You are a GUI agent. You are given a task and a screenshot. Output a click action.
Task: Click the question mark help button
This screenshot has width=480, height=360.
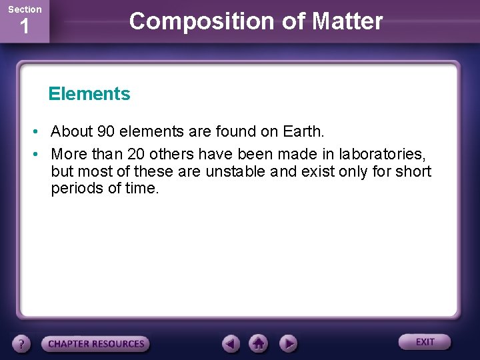pos(22,344)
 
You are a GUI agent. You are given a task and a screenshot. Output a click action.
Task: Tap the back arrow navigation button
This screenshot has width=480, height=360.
pos(231,343)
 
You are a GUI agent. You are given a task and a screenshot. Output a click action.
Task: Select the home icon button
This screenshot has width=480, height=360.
pos(259,343)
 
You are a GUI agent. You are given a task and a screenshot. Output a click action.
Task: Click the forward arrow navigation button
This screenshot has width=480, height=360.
pos(287,343)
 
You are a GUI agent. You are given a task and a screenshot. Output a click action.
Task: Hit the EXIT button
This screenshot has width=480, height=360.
pos(425,342)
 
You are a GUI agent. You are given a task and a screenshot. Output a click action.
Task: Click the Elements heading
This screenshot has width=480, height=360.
pos(89,94)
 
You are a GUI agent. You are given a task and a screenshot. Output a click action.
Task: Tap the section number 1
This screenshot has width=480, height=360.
pos(25,28)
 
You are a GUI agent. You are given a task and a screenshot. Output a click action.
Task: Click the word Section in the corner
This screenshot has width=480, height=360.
pos(25,9)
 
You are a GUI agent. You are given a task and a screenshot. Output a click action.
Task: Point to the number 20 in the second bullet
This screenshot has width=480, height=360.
pos(136,154)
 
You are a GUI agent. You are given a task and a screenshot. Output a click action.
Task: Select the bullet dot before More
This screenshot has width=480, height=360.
pos(40,154)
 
